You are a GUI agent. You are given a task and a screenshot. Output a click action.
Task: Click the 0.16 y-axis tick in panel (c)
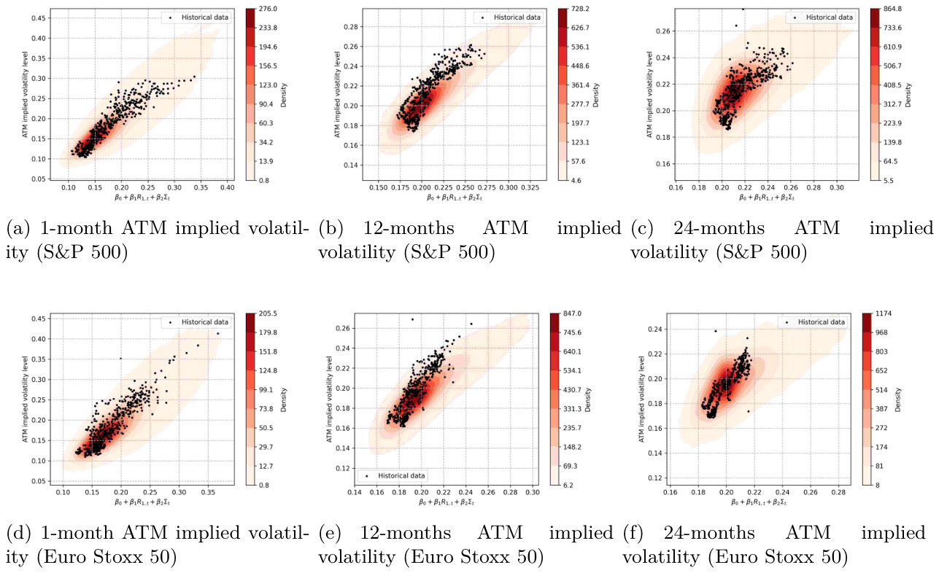pyautogui.click(x=662, y=164)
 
